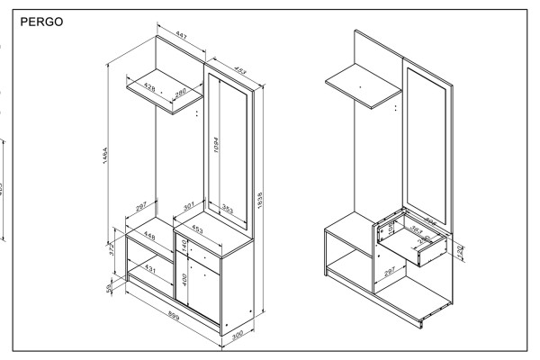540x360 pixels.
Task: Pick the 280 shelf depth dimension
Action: pos(180,92)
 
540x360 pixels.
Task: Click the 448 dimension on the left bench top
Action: pos(149,238)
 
